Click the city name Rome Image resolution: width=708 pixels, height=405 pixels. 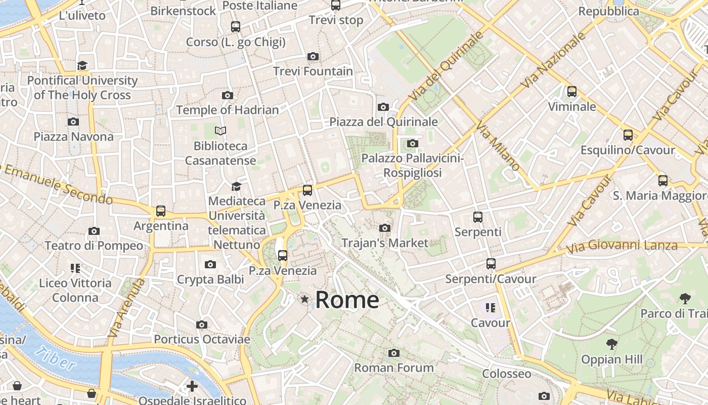347,300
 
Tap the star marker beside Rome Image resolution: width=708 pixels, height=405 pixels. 304,299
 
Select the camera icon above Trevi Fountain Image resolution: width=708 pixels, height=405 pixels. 313,56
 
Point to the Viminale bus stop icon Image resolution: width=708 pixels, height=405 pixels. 572,92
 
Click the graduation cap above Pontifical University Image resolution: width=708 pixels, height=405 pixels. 82,65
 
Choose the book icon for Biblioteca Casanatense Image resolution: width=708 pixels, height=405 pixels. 220,131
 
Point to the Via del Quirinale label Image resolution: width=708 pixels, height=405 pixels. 446,66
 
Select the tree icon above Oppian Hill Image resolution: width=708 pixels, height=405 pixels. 612,345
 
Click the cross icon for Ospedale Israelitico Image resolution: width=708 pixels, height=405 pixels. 192,387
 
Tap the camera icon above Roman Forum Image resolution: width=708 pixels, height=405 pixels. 394,353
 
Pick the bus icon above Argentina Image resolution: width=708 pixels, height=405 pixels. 161,211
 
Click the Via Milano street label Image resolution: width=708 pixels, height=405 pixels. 498,147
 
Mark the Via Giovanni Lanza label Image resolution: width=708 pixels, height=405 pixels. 622,247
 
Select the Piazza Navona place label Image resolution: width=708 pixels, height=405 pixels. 74,137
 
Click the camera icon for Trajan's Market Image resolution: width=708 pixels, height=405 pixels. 385,228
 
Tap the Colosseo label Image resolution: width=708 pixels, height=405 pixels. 507,374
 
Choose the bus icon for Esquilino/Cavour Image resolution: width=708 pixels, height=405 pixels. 628,135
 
